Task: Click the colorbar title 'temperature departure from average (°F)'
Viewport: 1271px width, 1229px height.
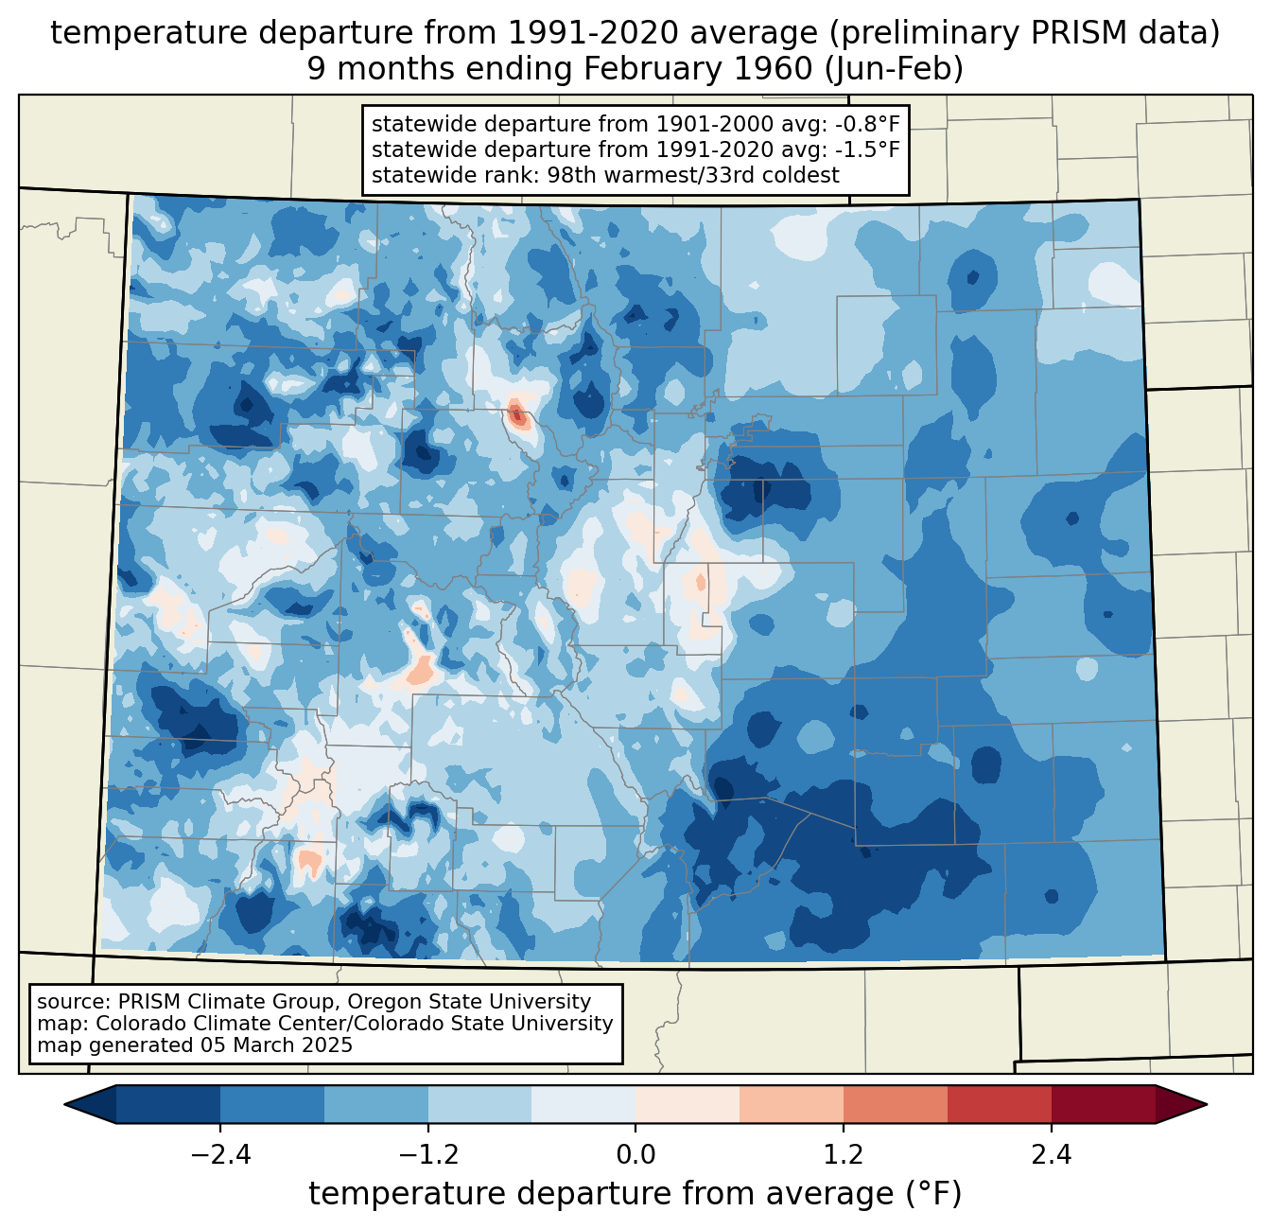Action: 635,1194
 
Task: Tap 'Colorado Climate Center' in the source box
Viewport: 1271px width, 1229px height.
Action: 217,1024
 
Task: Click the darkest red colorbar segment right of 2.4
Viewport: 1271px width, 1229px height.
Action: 1103,1104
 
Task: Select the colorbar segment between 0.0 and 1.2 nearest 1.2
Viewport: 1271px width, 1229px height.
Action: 792,1104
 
